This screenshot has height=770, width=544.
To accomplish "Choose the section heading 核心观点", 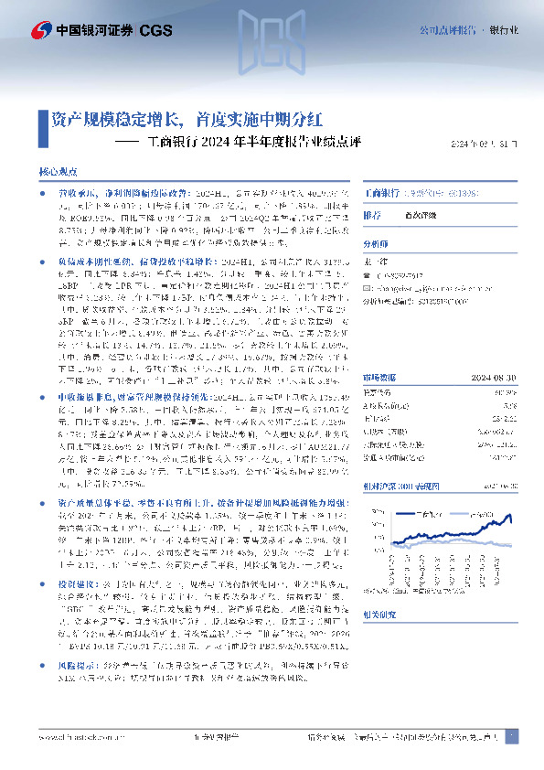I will [x=63, y=172].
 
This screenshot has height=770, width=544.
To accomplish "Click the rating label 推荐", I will [x=373, y=216].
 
